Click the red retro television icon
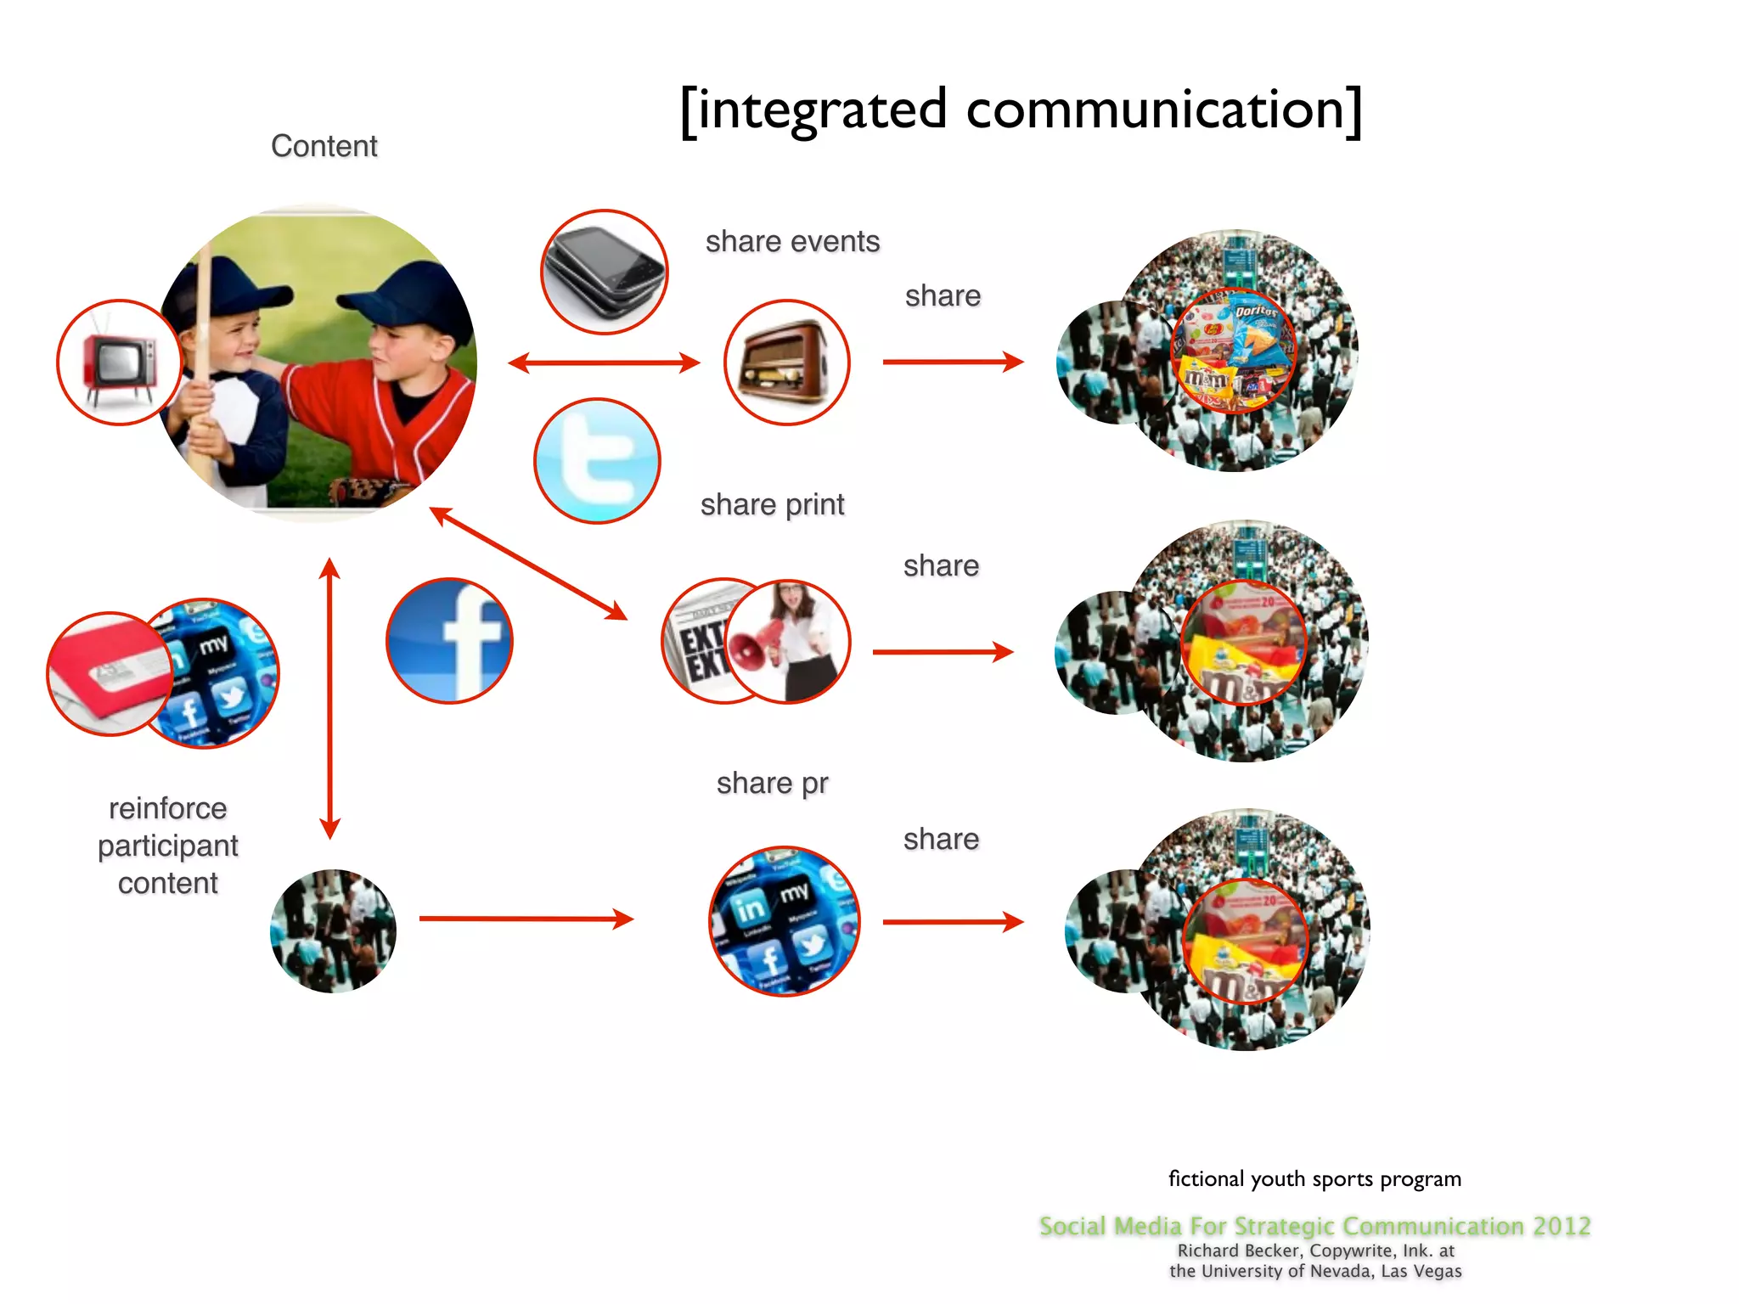click(119, 363)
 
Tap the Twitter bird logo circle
click(598, 461)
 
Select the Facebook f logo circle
click(450, 641)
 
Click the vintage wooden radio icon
click(786, 363)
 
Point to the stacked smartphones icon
click(605, 272)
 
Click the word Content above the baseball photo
click(324, 146)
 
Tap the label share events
click(792, 242)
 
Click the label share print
click(772, 505)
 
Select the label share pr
click(772, 783)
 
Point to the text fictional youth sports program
click(1314, 1179)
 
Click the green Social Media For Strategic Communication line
click(1314, 1226)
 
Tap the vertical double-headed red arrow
click(330, 698)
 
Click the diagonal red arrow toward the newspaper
click(528, 563)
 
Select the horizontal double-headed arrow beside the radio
click(604, 363)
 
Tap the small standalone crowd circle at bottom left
click(333, 930)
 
